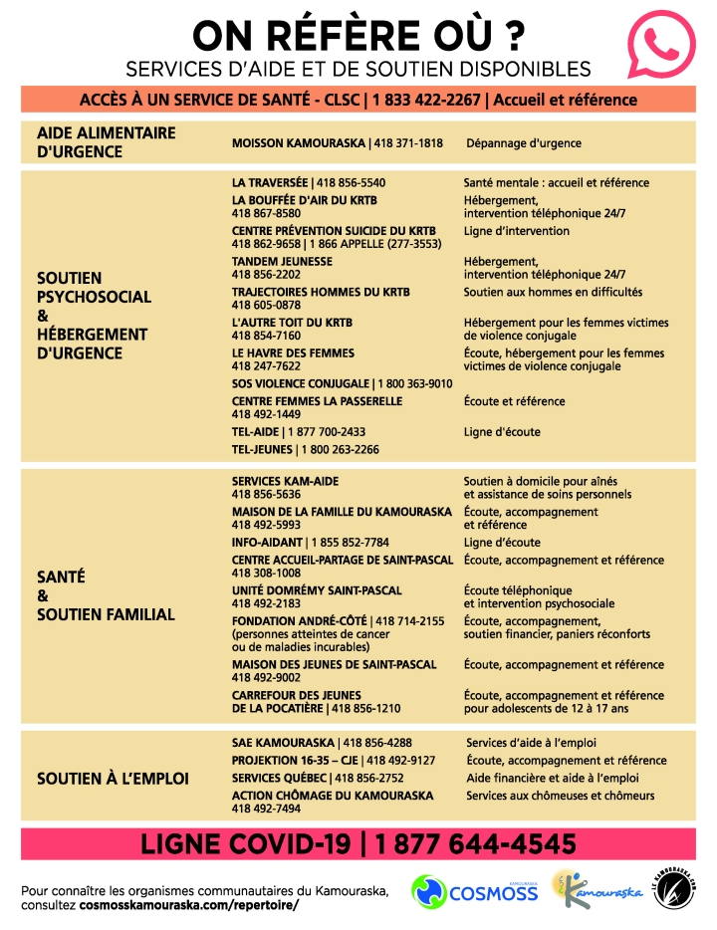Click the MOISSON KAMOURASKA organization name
[299, 143]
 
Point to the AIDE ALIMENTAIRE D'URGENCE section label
[106, 142]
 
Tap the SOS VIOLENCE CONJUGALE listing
[342, 383]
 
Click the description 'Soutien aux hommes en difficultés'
[553, 293]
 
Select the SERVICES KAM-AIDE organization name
[285, 481]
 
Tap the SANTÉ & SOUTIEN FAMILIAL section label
[106, 595]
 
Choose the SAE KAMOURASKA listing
[321, 743]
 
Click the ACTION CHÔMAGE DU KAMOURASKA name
[332, 796]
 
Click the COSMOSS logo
[474, 891]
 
